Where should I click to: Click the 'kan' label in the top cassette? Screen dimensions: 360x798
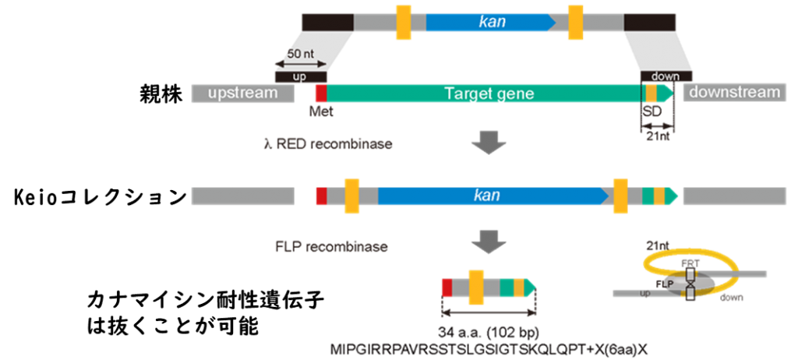pos(492,22)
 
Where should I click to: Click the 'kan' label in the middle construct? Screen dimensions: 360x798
pos(487,195)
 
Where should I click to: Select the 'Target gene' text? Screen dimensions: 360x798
pos(489,94)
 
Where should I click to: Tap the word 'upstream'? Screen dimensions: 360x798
pos(242,94)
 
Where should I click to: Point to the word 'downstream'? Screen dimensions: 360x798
pos(735,93)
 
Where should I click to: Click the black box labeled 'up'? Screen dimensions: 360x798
pos(300,76)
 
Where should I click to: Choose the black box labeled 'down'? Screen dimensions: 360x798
pos(659,76)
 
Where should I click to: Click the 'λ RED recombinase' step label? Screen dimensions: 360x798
pos(327,144)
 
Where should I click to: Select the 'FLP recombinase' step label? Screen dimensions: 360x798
pos(331,247)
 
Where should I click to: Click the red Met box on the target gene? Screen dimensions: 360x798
pos(320,94)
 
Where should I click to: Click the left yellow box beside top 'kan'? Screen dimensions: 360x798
pos(404,21)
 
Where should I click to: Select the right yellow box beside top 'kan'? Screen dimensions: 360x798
pos(575,21)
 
